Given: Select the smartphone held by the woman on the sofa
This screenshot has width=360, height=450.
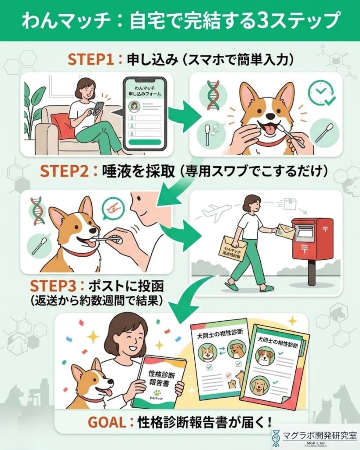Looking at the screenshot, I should (99, 108).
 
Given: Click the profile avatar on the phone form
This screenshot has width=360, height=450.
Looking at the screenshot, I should (135, 105).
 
